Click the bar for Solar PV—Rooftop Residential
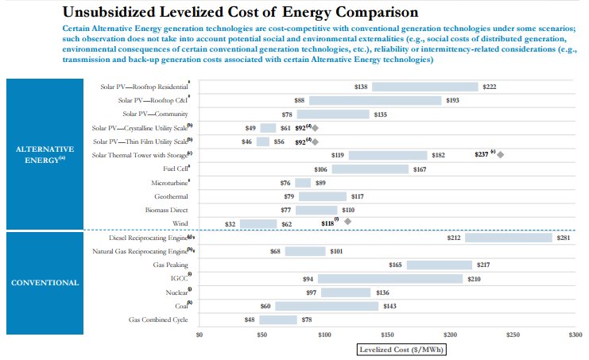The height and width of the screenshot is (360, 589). point(424,87)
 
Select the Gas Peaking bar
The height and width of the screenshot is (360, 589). point(439,265)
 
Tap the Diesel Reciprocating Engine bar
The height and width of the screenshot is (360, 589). point(508,237)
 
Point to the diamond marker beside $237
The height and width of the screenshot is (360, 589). point(501,155)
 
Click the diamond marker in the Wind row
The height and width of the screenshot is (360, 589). point(347,222)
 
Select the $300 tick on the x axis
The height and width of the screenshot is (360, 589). point(575,335)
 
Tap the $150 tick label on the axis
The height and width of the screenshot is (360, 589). point(387,335)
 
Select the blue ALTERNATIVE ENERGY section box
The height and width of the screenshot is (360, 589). point(45,154)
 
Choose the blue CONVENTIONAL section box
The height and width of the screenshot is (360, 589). point(45,282)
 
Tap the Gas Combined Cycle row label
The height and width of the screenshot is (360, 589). point(159,319)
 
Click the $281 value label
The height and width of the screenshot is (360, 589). point(563,237)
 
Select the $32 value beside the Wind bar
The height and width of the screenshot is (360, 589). point(231,225)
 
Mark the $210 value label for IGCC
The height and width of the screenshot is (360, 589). point(475,279)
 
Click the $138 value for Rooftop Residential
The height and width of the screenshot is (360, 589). point(361,87)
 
